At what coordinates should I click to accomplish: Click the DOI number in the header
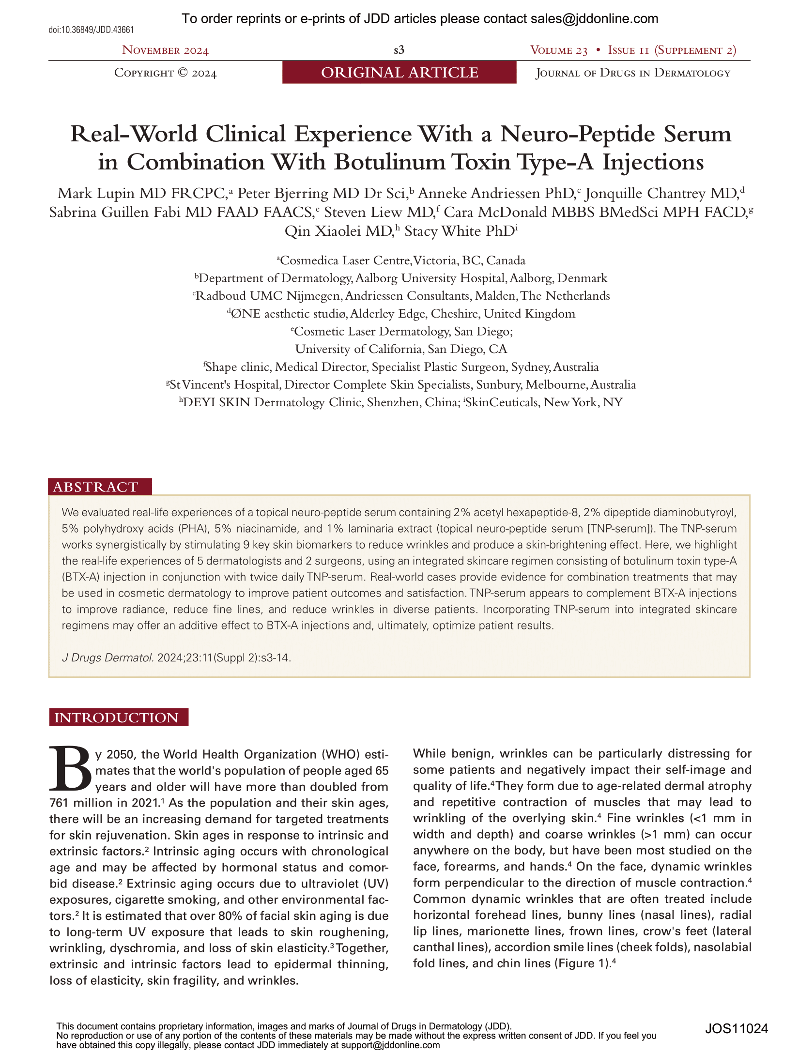91,30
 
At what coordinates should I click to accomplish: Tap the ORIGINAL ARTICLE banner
399,73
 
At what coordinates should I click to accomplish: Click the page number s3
399,50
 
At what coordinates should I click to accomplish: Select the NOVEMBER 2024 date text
165,50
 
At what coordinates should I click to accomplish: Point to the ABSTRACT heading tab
96,487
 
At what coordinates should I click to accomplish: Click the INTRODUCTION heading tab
117,717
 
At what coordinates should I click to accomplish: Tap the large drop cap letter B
70,770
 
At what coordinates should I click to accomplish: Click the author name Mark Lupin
97,194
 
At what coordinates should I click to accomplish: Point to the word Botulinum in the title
390,162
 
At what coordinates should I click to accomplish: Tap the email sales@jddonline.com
594,19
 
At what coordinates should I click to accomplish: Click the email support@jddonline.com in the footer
390,1045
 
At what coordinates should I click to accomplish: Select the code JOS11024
737,1029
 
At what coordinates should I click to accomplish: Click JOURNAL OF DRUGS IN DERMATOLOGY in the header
633,73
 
